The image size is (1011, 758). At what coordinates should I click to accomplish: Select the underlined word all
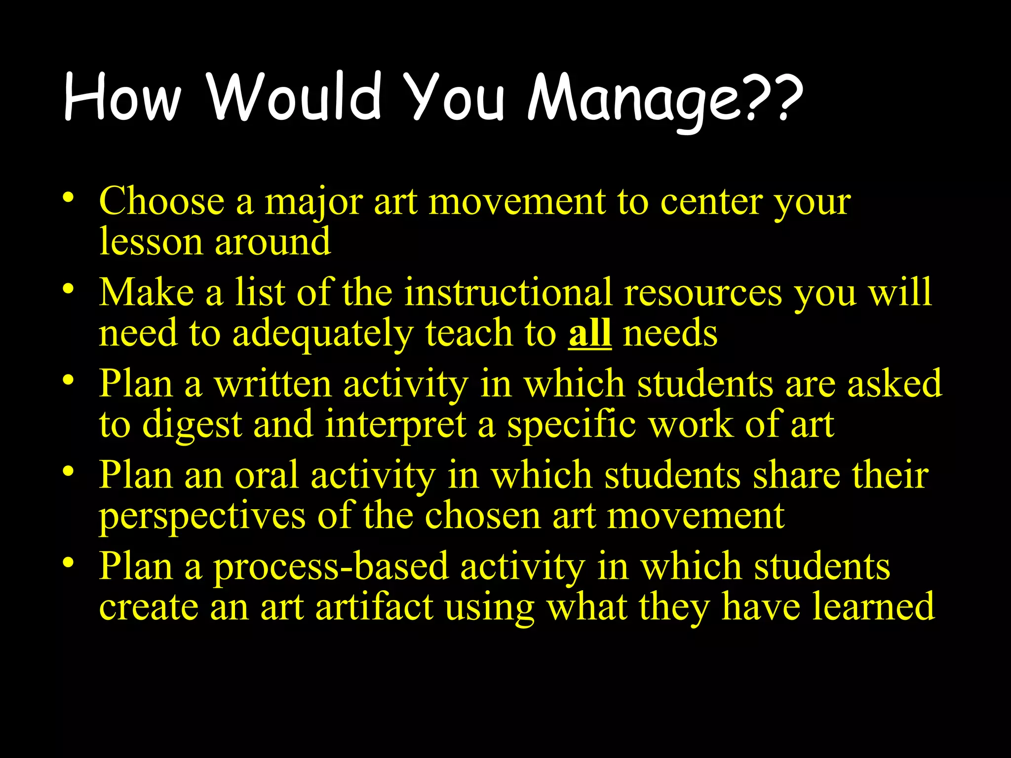[x=590, y=334]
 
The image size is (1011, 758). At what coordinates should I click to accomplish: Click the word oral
[x=267, y=475]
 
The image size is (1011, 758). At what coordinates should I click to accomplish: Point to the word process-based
[x=331, y=567]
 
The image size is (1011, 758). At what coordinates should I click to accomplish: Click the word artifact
[x=374, y=607]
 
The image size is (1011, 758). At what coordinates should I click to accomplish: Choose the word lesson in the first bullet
[x=151, y=242]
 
